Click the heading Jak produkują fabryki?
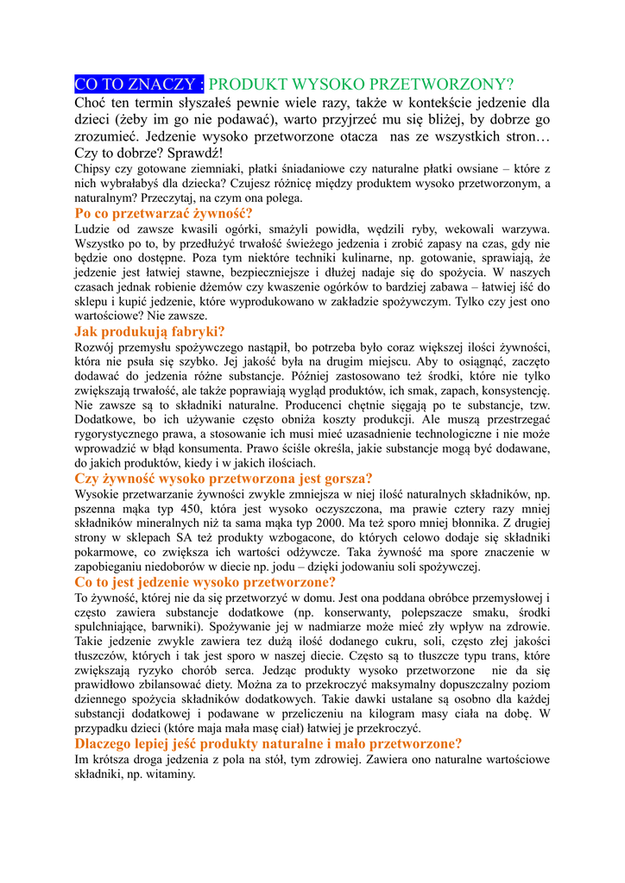click(x=149, y=331)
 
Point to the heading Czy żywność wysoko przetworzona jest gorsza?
click(x=224, y=479)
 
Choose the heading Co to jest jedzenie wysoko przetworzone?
click(x=205, y=582)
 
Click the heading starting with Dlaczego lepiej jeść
click(x=268, y=744)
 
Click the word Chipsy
click(x=93, y=169)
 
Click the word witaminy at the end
click(x=171, y=774)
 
